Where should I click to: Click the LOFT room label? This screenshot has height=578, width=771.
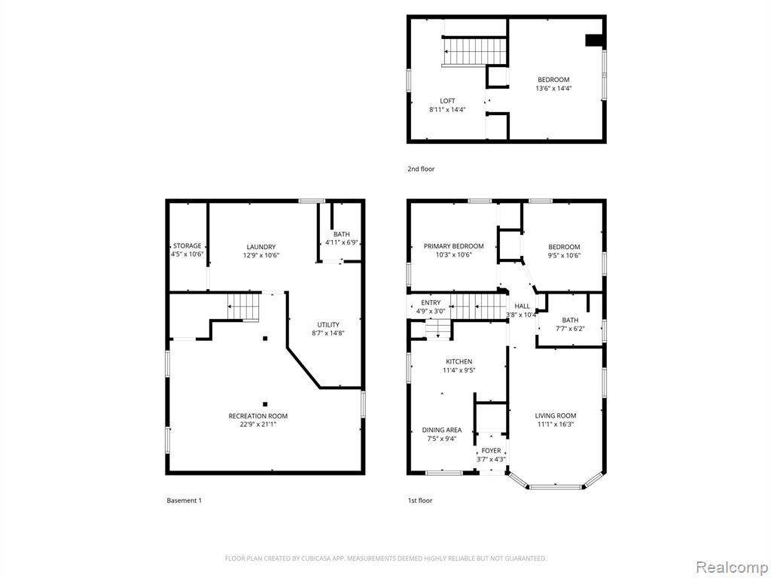coord(447,101)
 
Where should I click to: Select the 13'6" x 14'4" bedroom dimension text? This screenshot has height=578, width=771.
coord(553,89)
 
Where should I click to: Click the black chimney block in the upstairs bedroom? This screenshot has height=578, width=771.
coord(595,41)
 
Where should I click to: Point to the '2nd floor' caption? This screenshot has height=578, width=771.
coord(421,169)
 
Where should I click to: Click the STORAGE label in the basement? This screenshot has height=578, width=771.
coord(187,246)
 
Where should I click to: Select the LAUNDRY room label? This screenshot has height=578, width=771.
coord(261,247)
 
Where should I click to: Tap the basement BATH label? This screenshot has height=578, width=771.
coord(342,235)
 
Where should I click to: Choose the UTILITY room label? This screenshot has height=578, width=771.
coord(328,324)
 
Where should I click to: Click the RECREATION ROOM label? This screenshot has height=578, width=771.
coord(258,415)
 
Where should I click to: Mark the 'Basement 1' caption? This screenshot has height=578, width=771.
coord(184,500)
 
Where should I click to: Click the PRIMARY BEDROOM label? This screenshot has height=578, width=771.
coord(453,246)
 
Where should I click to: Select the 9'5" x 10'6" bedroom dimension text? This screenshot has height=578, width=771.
coord(565,255)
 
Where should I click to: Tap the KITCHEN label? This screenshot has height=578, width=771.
coord(459,362)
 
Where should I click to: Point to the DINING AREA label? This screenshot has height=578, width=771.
coord(441,430)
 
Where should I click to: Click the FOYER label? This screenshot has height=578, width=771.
coord(491,451)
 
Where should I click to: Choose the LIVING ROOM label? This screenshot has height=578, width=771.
coord(556,415)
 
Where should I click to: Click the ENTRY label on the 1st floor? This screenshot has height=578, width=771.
coord(431,303)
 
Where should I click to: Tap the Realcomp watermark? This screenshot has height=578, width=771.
coord(730,567)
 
